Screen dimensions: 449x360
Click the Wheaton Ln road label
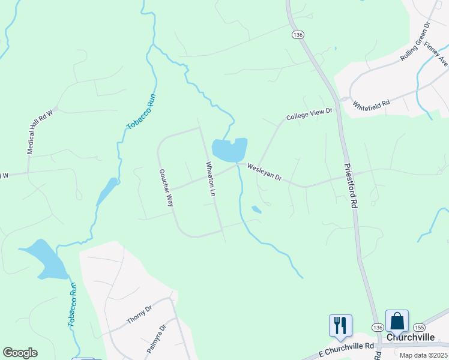(211, 179)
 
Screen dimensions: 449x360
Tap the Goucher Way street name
(166, 188)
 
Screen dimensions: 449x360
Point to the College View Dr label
(309, 114)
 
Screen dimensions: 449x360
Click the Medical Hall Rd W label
(41, 131)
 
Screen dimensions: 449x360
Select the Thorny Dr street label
(140, 314)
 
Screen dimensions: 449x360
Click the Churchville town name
(411, 337)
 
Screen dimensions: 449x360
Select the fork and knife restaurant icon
(340, 325)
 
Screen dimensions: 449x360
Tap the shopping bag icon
(397, 320)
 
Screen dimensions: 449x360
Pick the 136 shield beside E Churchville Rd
(377, 327)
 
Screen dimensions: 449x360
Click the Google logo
(20, 353)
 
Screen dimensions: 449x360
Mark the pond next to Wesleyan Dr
(229, 149)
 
